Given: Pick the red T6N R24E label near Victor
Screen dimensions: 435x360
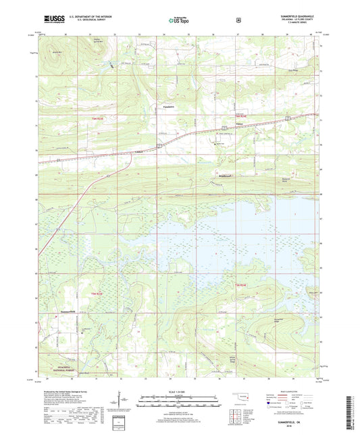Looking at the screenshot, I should [x=230, y=116].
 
